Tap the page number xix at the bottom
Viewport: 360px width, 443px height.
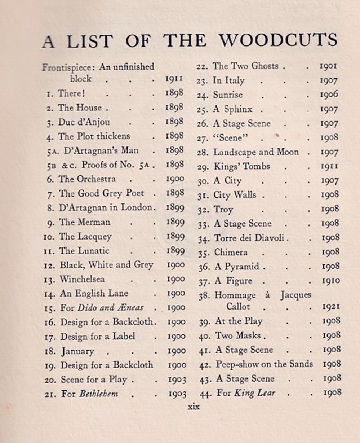tap(193, 407)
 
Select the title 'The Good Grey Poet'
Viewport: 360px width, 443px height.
tap(101, 193)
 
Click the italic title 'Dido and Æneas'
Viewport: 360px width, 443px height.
tap(110, 308)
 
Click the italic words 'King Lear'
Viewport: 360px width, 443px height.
tap(254, 393)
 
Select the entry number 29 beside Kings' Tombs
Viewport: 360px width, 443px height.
tap(203, 167)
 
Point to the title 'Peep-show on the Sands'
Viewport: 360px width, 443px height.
tap(264, 364)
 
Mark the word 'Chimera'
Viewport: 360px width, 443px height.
tap(231, 252)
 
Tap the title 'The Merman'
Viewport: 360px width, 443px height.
tap(84, 222)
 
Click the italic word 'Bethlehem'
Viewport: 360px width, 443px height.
tap(99, 393)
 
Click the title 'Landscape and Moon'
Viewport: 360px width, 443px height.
tap(256, 152)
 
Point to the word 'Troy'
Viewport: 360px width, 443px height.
tap(223, 209)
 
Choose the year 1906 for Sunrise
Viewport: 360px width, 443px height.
tap(329, 95)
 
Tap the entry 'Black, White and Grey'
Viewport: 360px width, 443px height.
tap(106, 265)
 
